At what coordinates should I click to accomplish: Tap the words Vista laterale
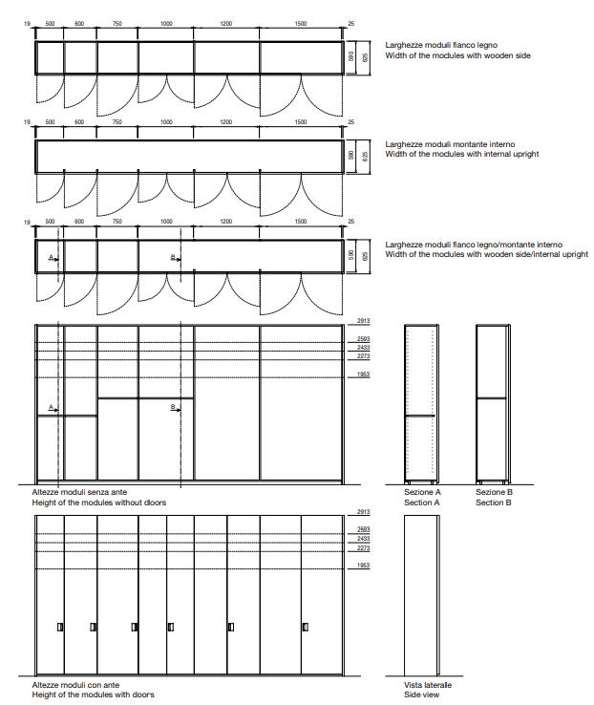(x=428, y=685)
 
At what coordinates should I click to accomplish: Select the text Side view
(x=422, y=694)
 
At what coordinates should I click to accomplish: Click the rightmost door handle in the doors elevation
(x=305, y=627)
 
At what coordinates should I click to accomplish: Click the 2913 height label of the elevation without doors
(x=363, y=322)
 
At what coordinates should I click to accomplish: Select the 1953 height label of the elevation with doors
(x=363, y=566)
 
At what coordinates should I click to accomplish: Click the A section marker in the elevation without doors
(x=53, y=408)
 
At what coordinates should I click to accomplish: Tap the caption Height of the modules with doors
(x=93, y=694)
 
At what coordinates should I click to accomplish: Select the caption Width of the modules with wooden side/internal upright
(x=486, y=255)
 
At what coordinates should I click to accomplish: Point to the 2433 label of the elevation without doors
(x=363, y=348)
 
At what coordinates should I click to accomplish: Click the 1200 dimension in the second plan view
(x=226, y=122)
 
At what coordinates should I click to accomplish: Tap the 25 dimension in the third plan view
(x=351, y=221)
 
